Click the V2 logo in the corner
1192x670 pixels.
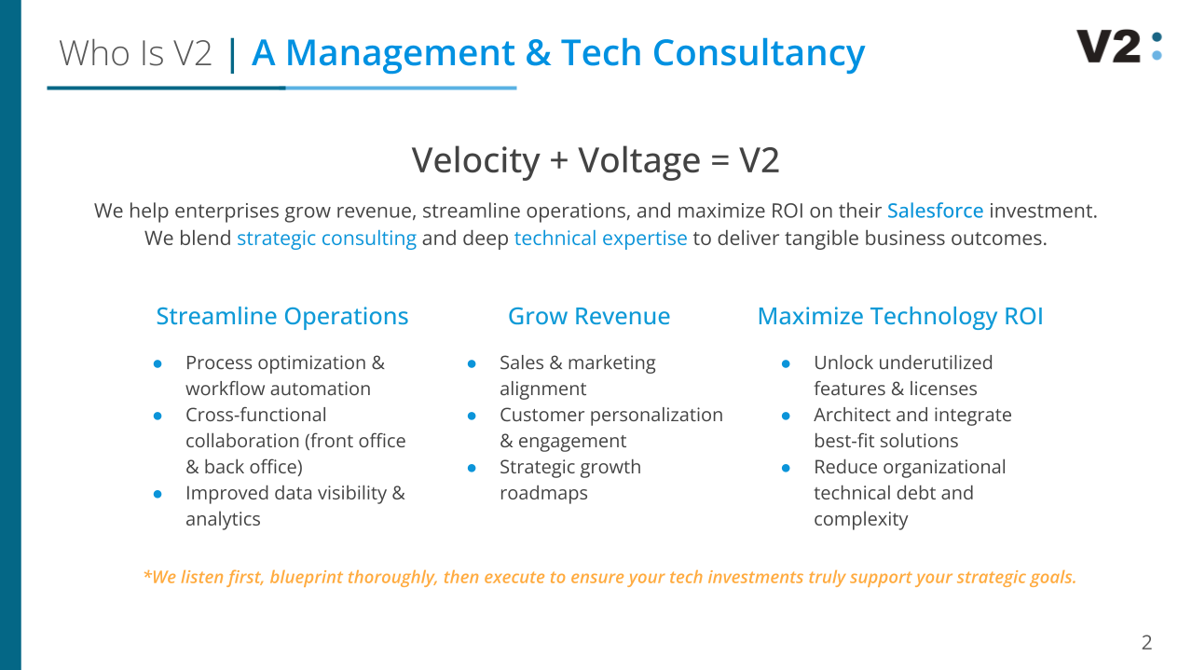tap(1119, 47)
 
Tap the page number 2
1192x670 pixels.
tap(1146, 642)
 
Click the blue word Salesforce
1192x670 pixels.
tap(935, 211)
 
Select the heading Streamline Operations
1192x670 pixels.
tap(282, 316)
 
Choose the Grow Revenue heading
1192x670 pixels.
tap(589, 316)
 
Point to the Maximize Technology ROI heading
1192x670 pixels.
tap(900, 316)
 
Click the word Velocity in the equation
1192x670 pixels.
tap(475, 160)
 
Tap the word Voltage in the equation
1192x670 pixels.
tap(639, 160)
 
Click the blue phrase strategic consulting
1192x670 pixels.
tap(327, 239)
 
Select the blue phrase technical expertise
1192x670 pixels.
tap(601, 239)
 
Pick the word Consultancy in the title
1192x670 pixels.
tap(759, 53)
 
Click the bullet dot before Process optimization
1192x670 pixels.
tap(158, 364)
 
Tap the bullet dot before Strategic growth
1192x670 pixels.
tap(472, 469)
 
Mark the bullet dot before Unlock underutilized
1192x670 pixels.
tap(786, 364)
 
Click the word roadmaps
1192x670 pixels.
tap(544, 493)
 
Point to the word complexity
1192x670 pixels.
tap(861, 519)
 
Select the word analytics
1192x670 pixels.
tap(223, 519)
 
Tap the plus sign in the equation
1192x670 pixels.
tap(559, 160)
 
